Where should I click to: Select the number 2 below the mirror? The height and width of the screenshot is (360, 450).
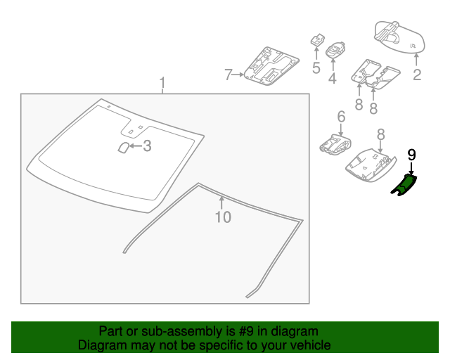[417, 75]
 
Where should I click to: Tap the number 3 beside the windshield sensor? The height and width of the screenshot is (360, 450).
[148, 146]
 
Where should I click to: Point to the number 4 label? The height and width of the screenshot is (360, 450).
[332, 79]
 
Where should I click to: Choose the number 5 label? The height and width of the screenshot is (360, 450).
[316, 68]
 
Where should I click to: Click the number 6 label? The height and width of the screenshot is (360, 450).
[341, 116]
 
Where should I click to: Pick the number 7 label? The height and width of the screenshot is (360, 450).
[228, 74]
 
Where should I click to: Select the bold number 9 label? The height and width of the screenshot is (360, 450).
[412, 153]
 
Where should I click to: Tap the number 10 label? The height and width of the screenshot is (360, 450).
[222, 217]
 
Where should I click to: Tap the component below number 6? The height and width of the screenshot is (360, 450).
[335, 143]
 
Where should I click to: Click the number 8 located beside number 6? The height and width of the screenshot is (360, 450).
[380, 134]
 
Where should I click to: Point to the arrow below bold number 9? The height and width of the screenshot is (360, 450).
[412, 167]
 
